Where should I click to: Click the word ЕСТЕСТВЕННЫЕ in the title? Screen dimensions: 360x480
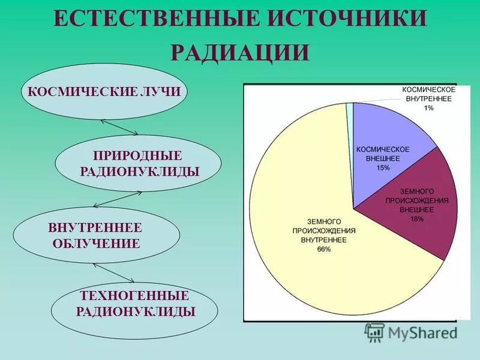[148, 19]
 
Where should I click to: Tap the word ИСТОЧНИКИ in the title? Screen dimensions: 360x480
[338, 19]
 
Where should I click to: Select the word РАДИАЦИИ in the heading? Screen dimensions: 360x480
[240, 53]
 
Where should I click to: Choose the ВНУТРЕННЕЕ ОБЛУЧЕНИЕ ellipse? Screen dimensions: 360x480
[97, 235]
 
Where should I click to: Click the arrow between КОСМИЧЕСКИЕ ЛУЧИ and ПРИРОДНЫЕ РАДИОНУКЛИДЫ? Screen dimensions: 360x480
[119, 127]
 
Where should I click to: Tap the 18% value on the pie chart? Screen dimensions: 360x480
[416, 219]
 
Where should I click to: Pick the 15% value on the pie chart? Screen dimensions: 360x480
[383, 167]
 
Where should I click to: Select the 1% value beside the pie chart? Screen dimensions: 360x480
[428, 107]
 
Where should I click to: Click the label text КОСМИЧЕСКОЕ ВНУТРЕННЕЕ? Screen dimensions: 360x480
[428, 94]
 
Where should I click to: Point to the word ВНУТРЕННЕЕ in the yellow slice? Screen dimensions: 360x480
[324, 239]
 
